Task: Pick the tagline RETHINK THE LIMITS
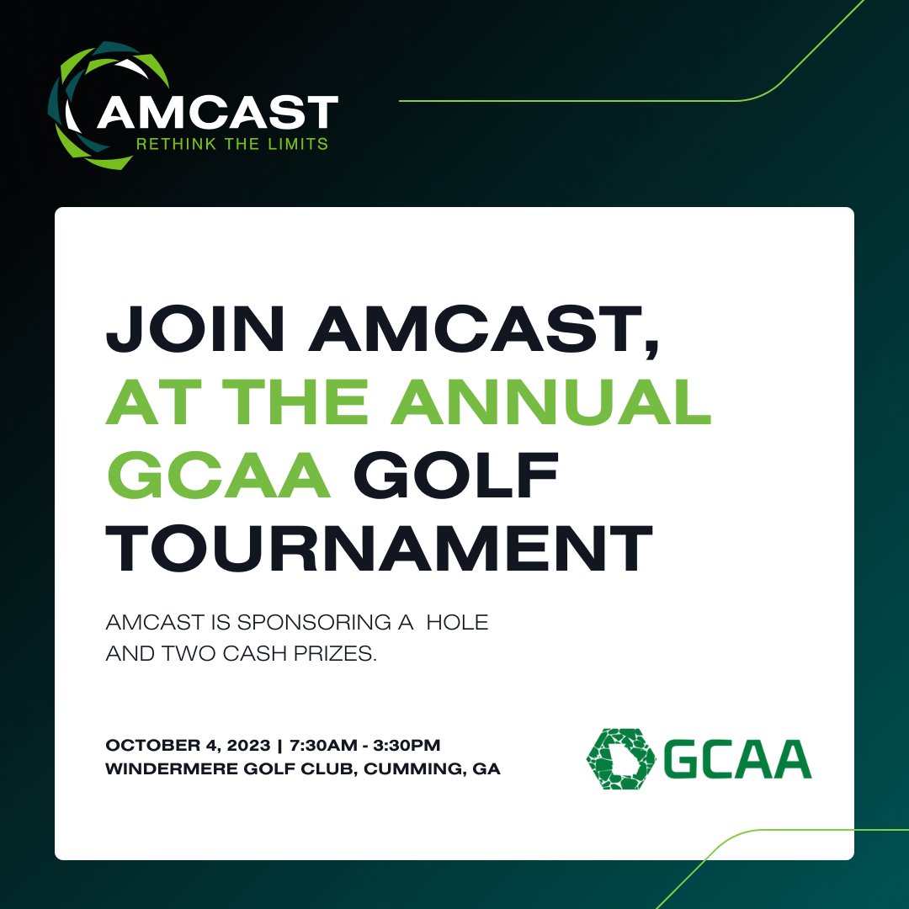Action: (231, 144)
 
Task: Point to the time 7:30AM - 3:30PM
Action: (364, 746)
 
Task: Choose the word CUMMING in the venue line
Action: (411, 769)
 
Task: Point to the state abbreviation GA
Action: (486, 769)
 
